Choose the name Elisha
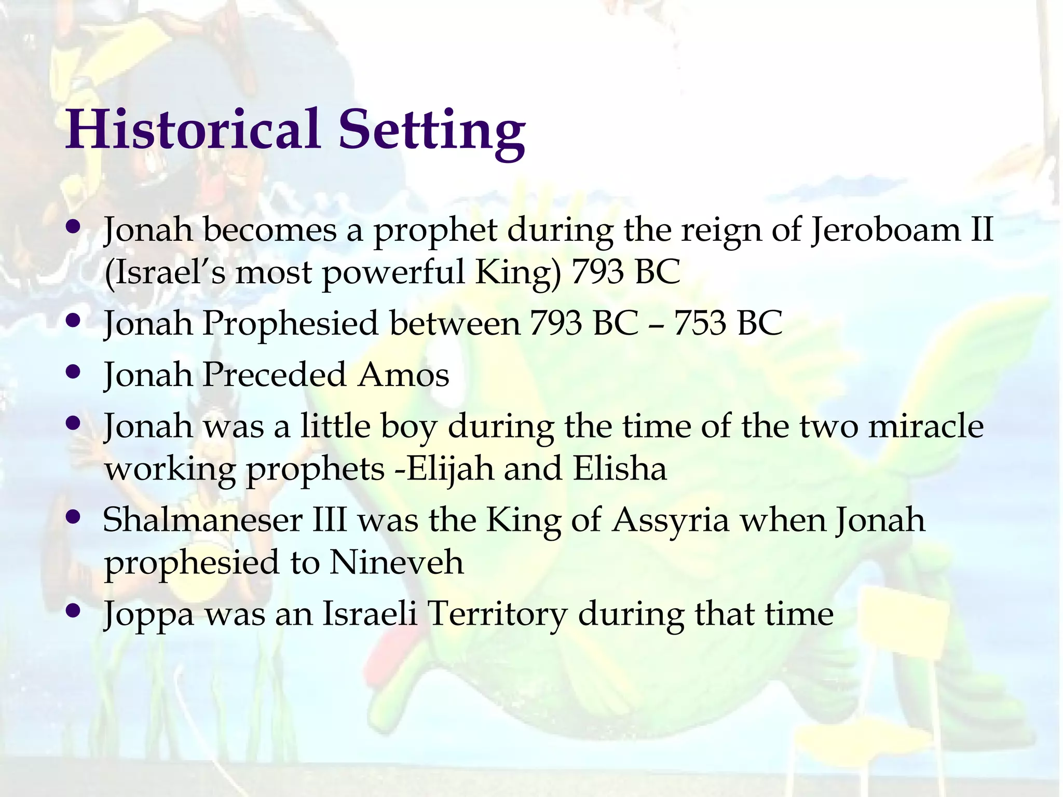click(620, 469)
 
